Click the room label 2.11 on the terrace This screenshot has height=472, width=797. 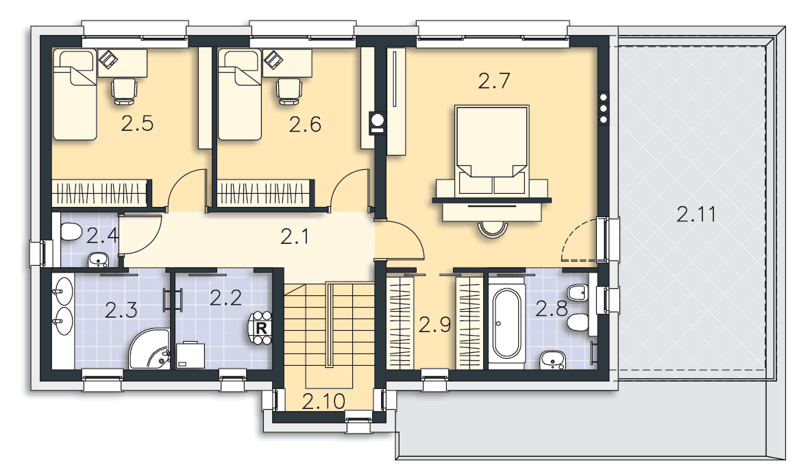point(696,214)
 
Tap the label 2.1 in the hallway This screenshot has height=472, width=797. point(295,236)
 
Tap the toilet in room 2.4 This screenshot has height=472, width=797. point(71,233)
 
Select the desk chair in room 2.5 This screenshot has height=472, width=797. point(125,91)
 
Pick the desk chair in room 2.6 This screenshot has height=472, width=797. point(289,91)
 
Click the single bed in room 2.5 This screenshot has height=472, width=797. point(75,95)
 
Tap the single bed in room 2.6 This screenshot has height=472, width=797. point(239,95)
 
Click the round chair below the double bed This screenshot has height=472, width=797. point(493,229)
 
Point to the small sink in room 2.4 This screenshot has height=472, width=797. point(98,260)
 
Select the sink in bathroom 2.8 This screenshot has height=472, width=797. point(552,360)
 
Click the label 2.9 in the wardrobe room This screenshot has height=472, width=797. point(434,324)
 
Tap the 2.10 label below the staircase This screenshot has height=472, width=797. point(323,401)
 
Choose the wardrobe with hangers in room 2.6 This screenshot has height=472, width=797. point(265,193)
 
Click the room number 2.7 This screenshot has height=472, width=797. point(493,81)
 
